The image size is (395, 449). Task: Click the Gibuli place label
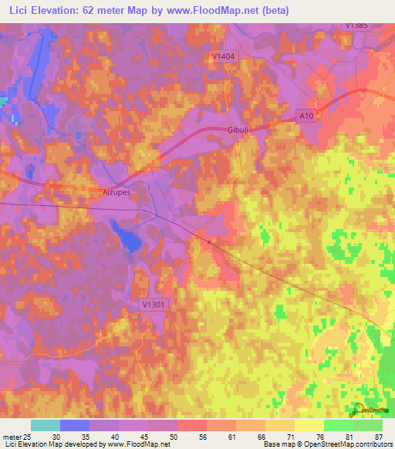point(236,130)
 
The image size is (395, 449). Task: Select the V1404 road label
point(223,56)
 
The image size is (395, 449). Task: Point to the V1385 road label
point(357,25)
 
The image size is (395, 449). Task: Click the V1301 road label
point(155,305)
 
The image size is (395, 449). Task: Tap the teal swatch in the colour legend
point(45,425)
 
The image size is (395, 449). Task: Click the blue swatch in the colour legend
point(74,425)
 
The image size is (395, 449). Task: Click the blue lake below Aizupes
point(127,236)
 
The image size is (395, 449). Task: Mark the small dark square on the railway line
point(208,241)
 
